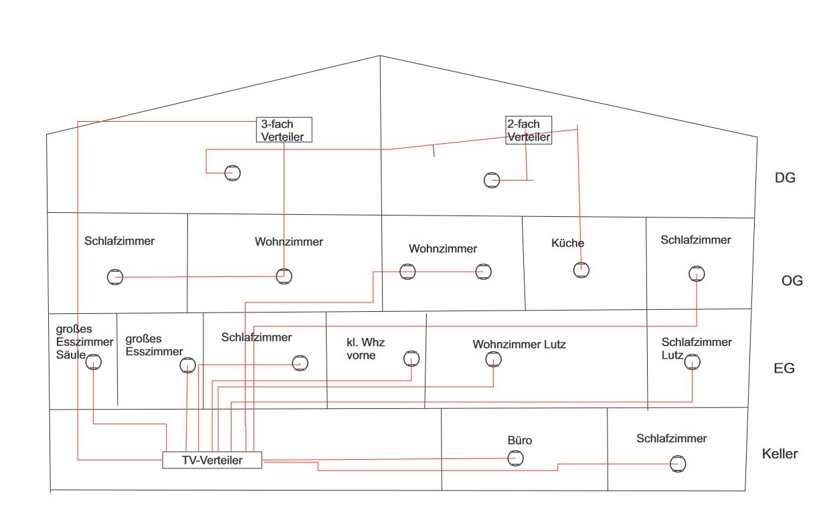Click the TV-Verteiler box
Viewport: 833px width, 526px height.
point(212,460)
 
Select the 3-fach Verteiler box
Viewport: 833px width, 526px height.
point(284,130)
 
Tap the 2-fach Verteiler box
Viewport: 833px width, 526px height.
point(528,130)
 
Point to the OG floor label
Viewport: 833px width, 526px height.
point(792,281)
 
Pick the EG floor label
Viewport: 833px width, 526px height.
point(784,368)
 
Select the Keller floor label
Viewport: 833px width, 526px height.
point(779,454)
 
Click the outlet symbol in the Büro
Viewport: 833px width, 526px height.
point(515,458)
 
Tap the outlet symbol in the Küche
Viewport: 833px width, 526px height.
point(581,270)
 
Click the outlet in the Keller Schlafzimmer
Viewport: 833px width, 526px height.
point(678,463)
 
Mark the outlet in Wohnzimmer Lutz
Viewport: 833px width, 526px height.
point(493,359)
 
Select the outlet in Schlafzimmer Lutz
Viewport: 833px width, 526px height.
point(692,362)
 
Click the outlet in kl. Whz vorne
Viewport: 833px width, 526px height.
point(411,359)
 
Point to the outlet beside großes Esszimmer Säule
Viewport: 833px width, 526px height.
point(94,363)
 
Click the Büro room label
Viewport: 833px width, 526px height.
point(520,440)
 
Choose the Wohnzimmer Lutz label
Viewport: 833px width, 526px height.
point(519,345)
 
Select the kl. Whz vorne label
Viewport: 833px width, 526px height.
point(365,349)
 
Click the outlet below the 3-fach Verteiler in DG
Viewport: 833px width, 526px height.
point(232,173)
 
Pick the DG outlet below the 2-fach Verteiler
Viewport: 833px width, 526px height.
point(492,180)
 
